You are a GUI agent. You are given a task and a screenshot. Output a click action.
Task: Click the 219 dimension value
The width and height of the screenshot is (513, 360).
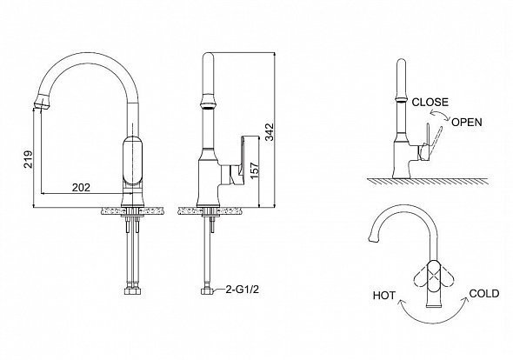[28, 159]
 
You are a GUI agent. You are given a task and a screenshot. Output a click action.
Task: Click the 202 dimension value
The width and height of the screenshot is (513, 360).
[81, 188]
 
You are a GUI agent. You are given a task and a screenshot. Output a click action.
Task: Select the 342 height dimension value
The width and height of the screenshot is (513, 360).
[269, 131]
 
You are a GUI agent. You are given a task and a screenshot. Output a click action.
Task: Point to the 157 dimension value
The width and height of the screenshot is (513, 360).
[254, 170]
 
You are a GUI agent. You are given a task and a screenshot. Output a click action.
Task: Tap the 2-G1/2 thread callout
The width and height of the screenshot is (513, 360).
[242, 290]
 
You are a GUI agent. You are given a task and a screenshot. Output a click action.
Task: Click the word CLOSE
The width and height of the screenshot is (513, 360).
[430, 102]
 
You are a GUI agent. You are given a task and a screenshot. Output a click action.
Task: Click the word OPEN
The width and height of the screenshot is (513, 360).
[467, 122]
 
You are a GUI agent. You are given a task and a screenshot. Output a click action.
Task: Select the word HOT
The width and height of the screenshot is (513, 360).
[384, 296]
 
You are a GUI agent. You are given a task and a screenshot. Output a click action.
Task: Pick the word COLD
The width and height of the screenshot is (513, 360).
[484, 294]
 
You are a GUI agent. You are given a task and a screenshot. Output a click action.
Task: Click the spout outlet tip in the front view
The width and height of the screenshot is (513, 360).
[43, 102]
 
